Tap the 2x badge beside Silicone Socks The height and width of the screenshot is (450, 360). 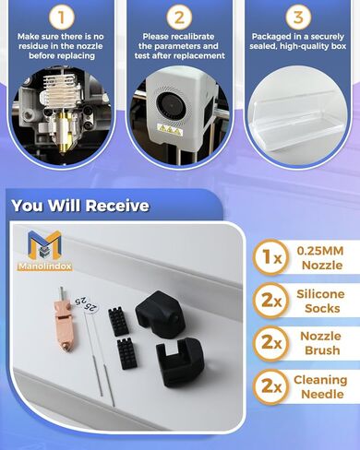(272, 302)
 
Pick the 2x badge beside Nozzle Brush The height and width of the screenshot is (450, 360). (272, 343)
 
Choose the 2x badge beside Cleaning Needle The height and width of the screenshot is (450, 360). (272, 388)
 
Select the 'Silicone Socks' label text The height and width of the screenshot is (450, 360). (321, 302)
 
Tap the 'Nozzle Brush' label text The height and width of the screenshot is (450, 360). (321, 343)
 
